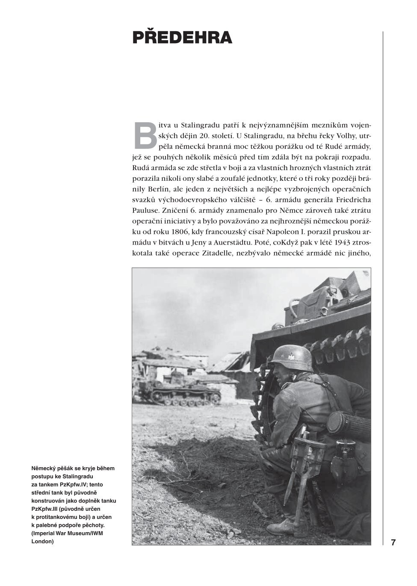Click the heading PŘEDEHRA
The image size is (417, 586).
(182, 38)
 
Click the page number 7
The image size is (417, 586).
(393, 542)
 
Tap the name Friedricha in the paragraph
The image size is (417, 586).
(350, 200)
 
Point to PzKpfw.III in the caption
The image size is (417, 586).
(47, 509)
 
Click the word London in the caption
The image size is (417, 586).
(43, 541)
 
